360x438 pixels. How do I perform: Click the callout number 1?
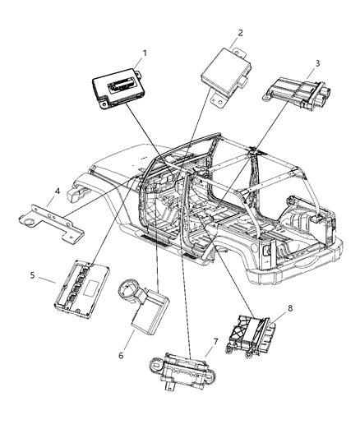145,53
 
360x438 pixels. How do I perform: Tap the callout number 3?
317,63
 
